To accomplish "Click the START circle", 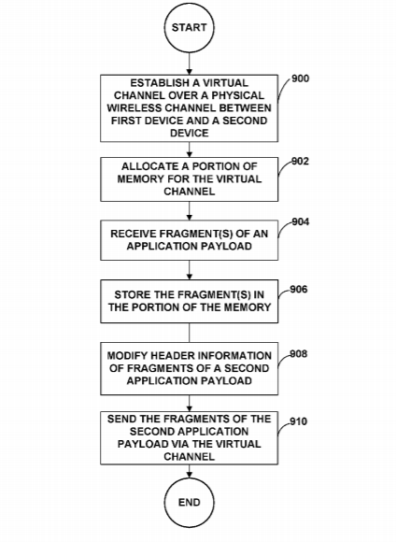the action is click(189, 27).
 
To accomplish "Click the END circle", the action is click(189, 502).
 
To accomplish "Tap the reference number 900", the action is click(301, 78).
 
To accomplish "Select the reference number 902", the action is click(301, 162).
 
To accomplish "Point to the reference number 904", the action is click(301, 221).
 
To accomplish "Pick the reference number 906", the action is click(299, 289).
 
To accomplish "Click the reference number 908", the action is click(299, 354).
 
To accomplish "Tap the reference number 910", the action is click(299, 421).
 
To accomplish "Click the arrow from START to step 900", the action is click(189, 64).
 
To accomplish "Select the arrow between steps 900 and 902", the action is click(189, 150).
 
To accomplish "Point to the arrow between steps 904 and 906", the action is click(189, 270).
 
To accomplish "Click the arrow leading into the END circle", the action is click(189, 471).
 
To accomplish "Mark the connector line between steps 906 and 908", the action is click(189, 333).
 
